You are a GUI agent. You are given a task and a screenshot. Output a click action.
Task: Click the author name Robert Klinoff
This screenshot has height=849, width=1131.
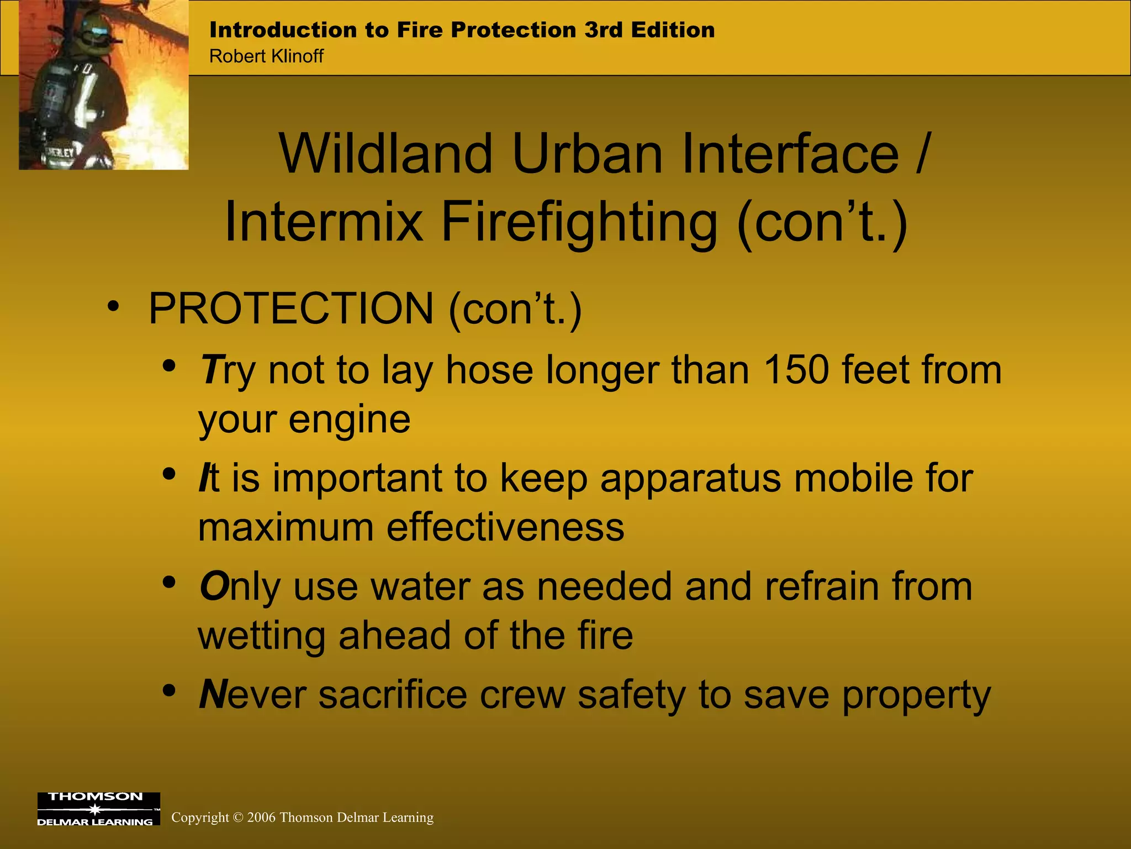pos(266,56)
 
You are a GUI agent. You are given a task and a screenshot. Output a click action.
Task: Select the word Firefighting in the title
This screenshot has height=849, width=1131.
pos(579,222)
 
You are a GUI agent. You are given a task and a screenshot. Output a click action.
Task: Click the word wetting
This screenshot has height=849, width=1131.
pos(261,636)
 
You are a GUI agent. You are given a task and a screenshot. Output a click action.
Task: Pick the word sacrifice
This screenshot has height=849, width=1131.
pos(393,694)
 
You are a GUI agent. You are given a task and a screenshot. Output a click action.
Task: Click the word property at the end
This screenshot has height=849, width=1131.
pos(916,695)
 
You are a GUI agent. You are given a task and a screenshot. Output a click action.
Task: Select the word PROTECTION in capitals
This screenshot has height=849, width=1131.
pos(292,308)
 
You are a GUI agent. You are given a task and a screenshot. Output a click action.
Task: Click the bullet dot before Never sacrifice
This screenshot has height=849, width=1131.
pos(169,691)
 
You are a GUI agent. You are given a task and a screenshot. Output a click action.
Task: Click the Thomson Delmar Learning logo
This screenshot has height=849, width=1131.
pos(98,809)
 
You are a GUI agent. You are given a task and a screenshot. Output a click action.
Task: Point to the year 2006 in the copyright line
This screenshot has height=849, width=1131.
pos(261,817)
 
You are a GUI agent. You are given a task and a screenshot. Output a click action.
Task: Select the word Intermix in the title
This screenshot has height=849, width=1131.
pos(324,222)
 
